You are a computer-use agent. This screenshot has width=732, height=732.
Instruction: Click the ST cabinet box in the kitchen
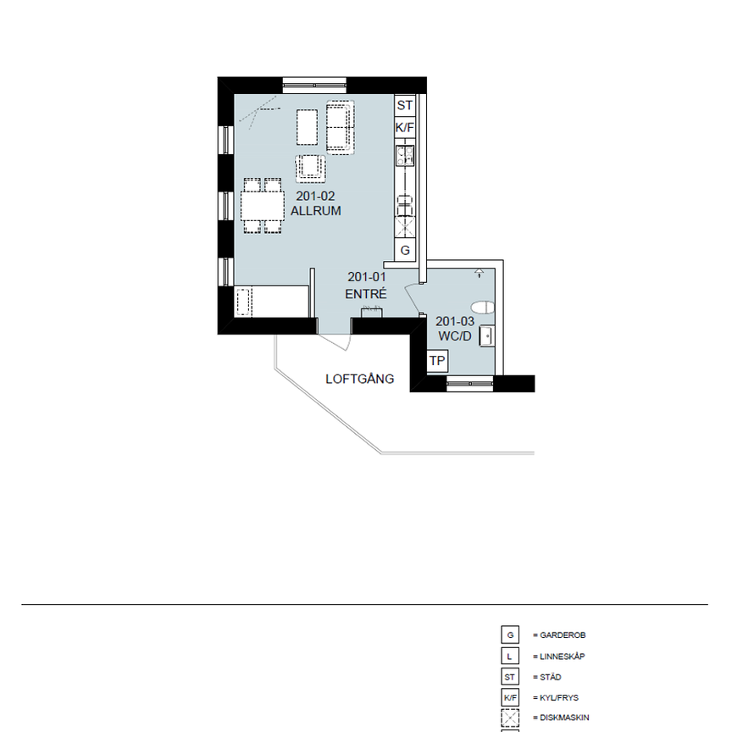tap(405, 106)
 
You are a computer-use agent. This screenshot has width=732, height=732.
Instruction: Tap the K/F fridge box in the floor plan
tap(405, 128)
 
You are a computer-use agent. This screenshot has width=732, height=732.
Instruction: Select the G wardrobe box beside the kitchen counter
tap(405, 251)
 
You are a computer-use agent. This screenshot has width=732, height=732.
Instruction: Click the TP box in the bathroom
tap(437, 362)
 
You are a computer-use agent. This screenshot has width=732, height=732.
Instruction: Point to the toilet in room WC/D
tap(483, 308)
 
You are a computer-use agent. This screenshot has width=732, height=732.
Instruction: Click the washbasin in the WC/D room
tap(487, 335)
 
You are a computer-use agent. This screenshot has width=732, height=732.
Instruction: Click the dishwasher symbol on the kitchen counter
tap(406, 226)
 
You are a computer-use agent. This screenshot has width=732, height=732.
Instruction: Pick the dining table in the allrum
tap(262, 205)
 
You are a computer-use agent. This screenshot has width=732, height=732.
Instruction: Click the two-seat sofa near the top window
tap(341, 125)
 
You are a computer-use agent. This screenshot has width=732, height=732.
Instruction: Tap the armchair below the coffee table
tap(311, 168)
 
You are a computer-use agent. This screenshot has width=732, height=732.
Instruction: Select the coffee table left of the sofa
tap(307, 126)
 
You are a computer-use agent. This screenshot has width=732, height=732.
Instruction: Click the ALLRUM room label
tap(315, 211)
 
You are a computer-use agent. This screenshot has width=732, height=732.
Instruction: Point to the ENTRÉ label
tap(366, 294)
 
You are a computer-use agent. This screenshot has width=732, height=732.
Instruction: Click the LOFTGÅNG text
tap(360, 380)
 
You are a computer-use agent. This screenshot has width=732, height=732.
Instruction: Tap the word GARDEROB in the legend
tap(563, 635)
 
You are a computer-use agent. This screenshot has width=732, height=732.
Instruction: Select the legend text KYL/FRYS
tap(561, 698)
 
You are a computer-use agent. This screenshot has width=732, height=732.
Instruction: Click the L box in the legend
tap(510, 656)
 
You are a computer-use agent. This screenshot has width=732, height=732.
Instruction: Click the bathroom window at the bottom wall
tap(469, 384)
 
